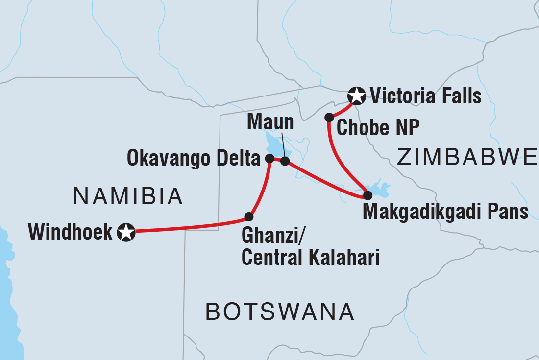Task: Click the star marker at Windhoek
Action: [x=126, y=232]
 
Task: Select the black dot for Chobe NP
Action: [x=329, y=118]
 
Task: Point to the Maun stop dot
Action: [x=285, y=161]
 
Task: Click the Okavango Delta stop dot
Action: [x=269, y=158]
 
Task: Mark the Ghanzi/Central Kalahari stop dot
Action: [x=248, y=216]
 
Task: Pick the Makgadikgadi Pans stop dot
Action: [x=367, y=195]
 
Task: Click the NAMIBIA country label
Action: [x=128, y=197]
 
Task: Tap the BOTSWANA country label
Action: [x=279, y=312]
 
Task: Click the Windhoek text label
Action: [x=71, y=232]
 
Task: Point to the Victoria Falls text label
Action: [x=425, y=96]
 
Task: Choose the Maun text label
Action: [x=270, y=122]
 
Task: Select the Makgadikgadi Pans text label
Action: [x=445, y=212]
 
